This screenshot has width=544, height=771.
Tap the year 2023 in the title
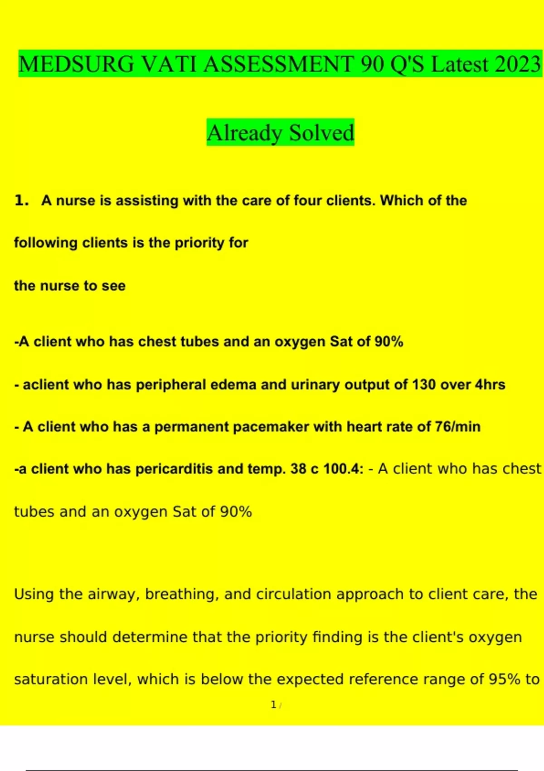click(518, 64)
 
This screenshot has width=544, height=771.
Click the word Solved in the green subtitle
click(321, 133)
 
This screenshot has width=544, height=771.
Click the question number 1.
click(20, 200)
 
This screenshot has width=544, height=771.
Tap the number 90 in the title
click(372, 64)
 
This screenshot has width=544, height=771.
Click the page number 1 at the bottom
click(273, 705)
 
